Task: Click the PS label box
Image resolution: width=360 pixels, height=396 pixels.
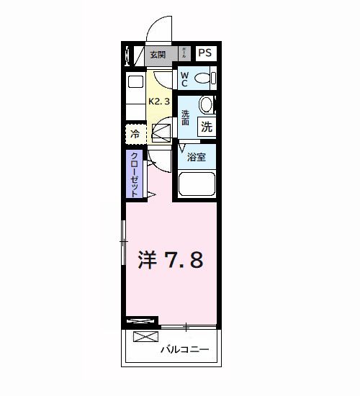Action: [x=205, y=53]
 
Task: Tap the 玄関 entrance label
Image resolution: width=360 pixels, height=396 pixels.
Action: [x=158, y=53]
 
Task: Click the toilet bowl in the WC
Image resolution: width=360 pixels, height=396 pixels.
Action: [x=204, y=78]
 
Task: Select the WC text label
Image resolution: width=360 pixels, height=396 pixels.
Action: [x=184, y=78]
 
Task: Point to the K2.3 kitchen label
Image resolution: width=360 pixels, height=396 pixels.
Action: [x=159, y=102]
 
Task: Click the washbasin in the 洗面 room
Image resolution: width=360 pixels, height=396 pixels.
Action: [x=207, y=105]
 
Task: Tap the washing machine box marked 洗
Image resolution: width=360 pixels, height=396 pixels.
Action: [x=207, y=127]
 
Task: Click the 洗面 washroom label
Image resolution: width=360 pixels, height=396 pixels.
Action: [x=186, y=118]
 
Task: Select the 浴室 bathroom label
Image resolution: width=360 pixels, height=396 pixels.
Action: [x=197, y=157]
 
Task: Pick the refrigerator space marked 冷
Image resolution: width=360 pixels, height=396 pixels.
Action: [x=135, y=133]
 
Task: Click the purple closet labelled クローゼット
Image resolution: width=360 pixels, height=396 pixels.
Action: [x=135, y=174]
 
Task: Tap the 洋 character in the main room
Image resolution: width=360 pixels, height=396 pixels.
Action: [x=146, y=259]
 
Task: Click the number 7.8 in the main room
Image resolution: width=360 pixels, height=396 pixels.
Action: [x=185, y=259]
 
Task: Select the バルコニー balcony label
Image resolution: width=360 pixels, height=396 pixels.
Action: [x=184, y=350]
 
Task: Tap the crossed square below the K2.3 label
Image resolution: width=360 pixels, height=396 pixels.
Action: [x=161, y=132]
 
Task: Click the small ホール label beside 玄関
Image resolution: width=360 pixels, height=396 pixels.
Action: [x=184, y=53]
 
